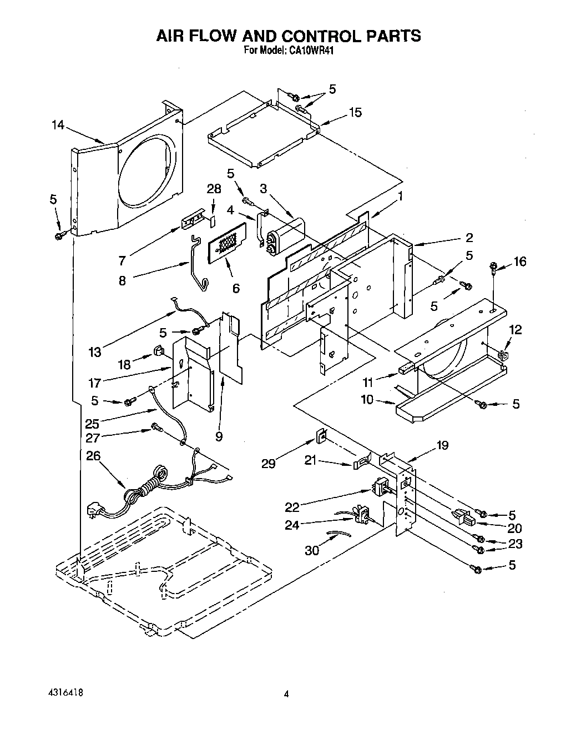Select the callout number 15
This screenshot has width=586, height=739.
tap(355, 113)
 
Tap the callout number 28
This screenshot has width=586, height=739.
tap(214, 189)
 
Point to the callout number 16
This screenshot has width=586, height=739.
tap(519, 262)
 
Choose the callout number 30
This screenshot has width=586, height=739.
tap(313, 550)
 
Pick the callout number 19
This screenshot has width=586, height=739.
tap(442, 445)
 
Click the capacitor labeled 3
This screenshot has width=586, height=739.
tap(286, 233)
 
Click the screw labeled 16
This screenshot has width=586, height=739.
tap(493, 269)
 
